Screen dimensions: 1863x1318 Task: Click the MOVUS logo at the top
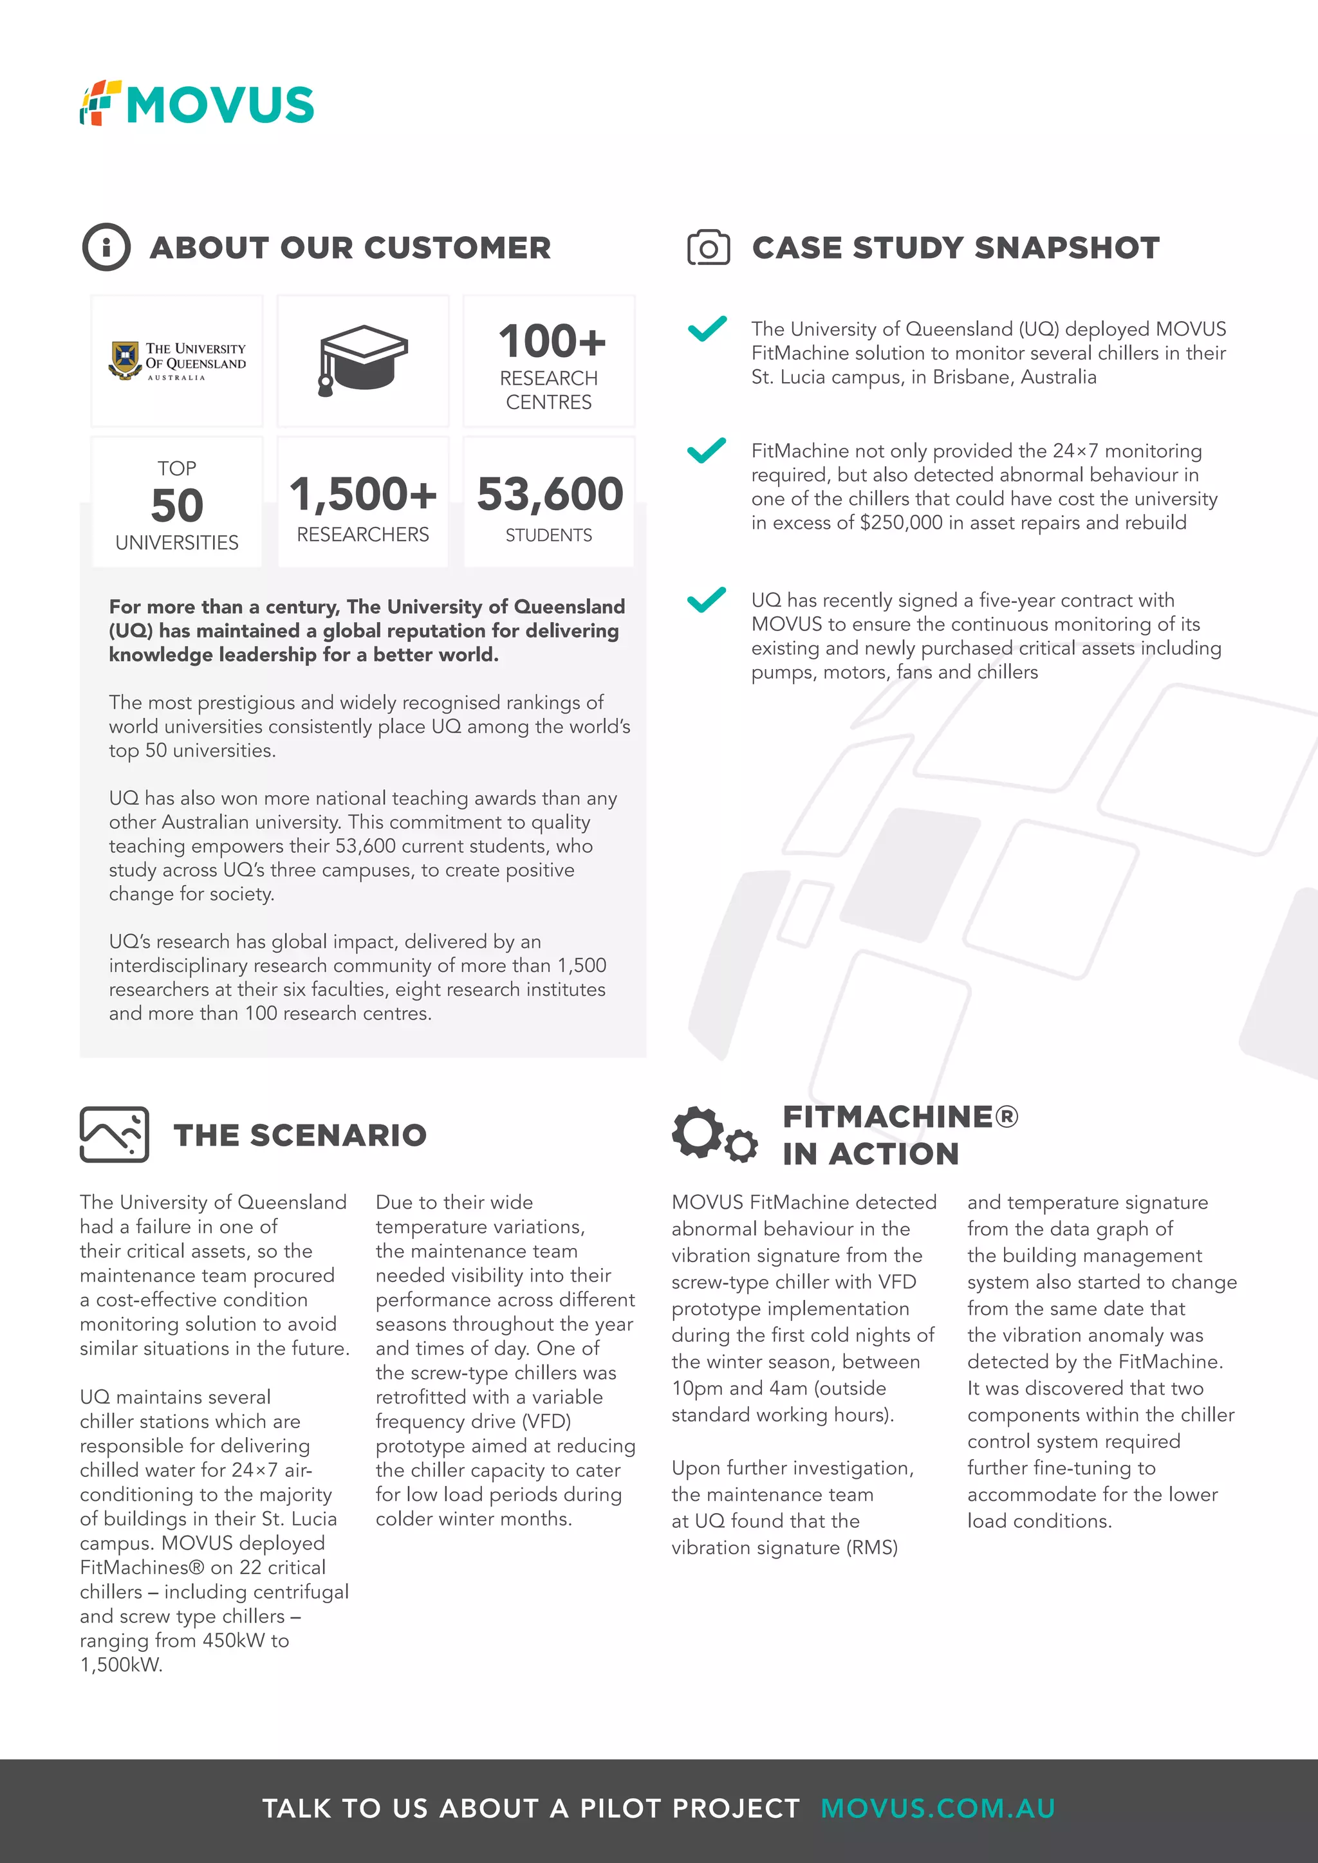point(197,104)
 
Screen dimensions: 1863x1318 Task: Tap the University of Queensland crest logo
point(125,360)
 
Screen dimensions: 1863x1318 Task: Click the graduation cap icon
point(363,360)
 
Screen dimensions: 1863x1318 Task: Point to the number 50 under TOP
point(177,506)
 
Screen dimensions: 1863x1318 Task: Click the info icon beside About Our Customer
point(106,246)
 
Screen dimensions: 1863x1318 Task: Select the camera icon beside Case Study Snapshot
point(708,248)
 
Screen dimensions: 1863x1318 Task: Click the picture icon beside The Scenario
point(115,1133)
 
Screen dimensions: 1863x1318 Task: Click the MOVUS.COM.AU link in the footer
point(938,1808)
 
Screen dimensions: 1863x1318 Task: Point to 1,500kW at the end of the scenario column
point(121,1664)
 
